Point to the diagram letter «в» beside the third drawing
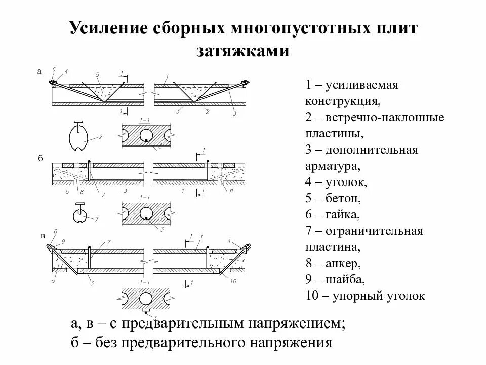click(x=42, y=236)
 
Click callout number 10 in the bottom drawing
click(x=234, y=281)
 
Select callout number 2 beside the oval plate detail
click(x=101, y=136)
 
